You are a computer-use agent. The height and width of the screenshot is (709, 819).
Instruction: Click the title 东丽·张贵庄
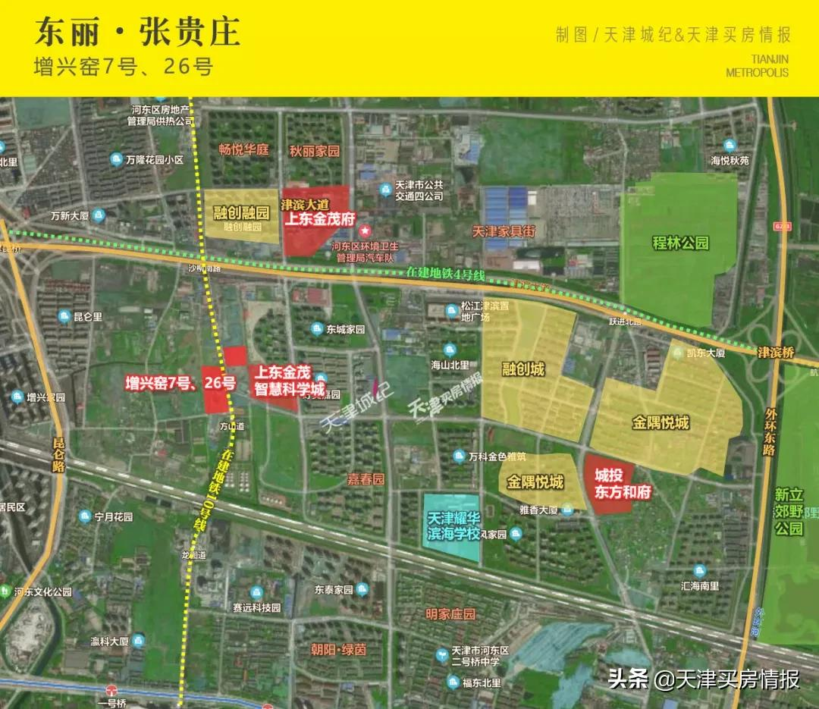pyautogui.click(x=137, y=32)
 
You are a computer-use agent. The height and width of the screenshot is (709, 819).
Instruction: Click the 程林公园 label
pyautogui.click(x=680, y=243)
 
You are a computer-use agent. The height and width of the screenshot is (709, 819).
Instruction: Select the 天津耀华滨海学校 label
pyautogui.click(x=453, y=526)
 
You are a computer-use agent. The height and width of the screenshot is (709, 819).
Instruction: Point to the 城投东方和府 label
pyautogui.click(x=612, y=484)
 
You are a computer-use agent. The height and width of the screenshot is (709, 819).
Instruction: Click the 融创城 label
pyautogui.click(x=523, y=369)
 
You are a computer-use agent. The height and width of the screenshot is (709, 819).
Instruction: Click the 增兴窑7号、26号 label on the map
pyautogui.click(x=180, y=384)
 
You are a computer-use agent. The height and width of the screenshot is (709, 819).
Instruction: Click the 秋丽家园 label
pyautogui.click(x=314, y=150)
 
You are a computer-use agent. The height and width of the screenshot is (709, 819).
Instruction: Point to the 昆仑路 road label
pyautogui.click(x=59, y=455)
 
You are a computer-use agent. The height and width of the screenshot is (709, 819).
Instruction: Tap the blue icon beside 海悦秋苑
pyautogui.click(x=730, y=146)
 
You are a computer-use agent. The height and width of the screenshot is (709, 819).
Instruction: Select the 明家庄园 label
pyautogui.click(x=450, y=614)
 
